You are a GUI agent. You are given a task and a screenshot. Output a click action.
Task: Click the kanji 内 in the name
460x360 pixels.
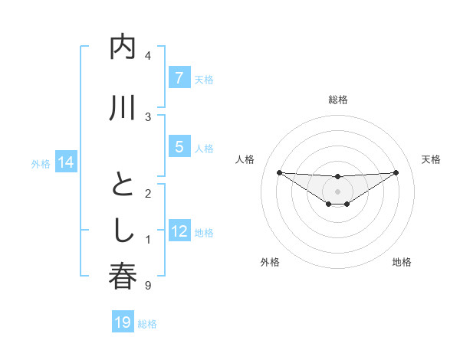click(123, 48)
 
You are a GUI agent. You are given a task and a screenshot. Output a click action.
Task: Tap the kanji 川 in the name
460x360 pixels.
click(123, 109)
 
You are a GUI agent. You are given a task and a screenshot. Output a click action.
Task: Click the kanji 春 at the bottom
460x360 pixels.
click(123, 277)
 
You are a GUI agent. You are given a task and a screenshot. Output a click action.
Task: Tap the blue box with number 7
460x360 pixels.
click(179, 78)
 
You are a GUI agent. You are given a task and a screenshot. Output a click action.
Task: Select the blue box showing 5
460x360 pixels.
click(179, 148)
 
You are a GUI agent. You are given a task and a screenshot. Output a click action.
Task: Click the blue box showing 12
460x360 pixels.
click(179, 232)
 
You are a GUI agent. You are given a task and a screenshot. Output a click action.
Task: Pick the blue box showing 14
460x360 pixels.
click(65, 162)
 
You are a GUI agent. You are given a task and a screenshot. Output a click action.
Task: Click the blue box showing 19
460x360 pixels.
click(123, 322)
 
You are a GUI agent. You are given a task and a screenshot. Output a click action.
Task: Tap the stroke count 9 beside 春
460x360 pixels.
click(147, 286)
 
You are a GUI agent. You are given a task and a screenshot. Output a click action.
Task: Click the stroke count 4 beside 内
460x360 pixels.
click(147, 56)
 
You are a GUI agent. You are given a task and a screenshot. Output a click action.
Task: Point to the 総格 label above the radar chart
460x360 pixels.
click(337, 100)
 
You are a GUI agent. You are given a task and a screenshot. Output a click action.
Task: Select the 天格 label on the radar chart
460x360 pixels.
click(431, 159)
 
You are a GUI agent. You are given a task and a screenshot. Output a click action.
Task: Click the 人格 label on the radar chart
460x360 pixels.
click(245, 159)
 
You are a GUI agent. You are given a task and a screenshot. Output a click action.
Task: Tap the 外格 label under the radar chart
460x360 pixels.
click(270, 262)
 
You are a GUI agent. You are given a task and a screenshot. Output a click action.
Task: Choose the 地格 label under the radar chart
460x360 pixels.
click(402, 262)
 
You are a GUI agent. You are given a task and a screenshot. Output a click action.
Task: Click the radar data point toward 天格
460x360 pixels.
click(396, 172)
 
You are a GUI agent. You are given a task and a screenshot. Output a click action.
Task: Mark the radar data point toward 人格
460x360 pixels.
click(279, 172)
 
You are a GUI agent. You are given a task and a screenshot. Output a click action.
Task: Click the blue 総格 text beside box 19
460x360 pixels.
click(147, 324)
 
